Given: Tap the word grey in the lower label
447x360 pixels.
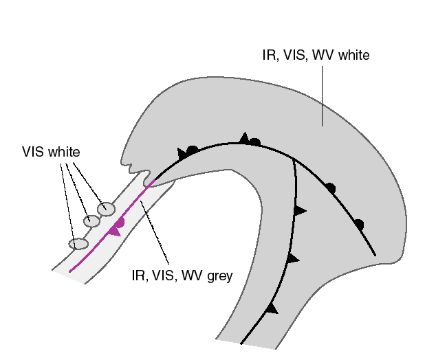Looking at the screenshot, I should [x=217, y=276].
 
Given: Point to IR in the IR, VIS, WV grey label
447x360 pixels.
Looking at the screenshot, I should [x=138, y=276].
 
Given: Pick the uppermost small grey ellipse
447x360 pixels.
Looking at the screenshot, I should [x=106, y=209].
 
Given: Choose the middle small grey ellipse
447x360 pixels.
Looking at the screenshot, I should [x=92, y=221].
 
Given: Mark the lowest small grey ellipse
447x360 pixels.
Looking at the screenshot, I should [x=78, y=244].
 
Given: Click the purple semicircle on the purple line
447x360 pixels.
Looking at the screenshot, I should [x=120, y=222].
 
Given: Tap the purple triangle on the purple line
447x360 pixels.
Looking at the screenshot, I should [x=114, y=232].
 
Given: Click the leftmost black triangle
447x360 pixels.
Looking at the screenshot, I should [x=182, y=153].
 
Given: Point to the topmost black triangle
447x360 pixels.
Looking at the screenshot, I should [x=243, y=138].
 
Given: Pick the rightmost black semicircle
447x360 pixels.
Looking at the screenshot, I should [x=358, y=224].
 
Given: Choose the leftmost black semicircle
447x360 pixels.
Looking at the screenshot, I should [x=193, y=149].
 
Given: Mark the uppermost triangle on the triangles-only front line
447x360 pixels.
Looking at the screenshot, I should [x=299, y=210].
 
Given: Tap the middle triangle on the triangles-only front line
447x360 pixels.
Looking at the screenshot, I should [x=294, y=258].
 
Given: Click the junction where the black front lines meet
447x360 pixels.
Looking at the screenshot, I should [x=294, y=159].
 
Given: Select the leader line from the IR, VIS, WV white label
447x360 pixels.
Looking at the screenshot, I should [x=323, y=96].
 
